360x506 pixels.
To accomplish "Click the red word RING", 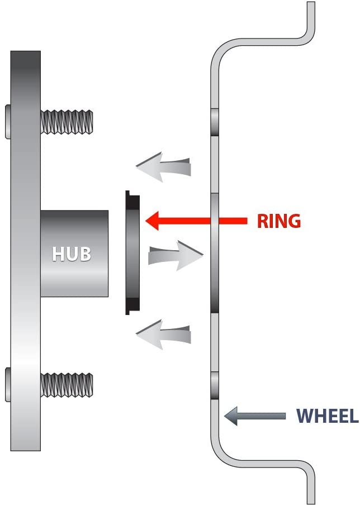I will pos(278,221).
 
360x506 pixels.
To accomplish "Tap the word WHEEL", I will pos(326,416).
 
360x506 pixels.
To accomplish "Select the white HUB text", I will pos(71,254).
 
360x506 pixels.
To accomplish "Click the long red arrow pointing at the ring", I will pos(196,221).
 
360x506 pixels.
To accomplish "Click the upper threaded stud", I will pos(67,121).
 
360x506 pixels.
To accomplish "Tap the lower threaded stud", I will pos(67,385).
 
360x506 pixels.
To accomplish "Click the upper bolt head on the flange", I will pos(7,121).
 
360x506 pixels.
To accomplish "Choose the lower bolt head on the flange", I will pos(7,385).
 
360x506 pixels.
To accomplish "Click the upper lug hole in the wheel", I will pos(215,122).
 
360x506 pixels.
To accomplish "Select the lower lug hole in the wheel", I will pos(215,385).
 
